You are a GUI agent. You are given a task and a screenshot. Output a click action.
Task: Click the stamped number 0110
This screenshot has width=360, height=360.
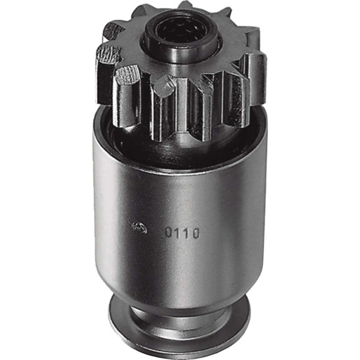(182, 233)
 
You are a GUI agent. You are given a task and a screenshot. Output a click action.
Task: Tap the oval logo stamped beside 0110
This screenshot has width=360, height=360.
(140, 227)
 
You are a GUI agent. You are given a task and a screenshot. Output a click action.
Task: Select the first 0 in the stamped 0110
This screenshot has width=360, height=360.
(169, 233)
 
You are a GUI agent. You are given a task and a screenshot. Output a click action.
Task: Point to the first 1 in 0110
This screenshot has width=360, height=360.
(179, 233)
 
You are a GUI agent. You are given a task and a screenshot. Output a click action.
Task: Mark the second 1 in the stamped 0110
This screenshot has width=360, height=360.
(186, 234)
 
